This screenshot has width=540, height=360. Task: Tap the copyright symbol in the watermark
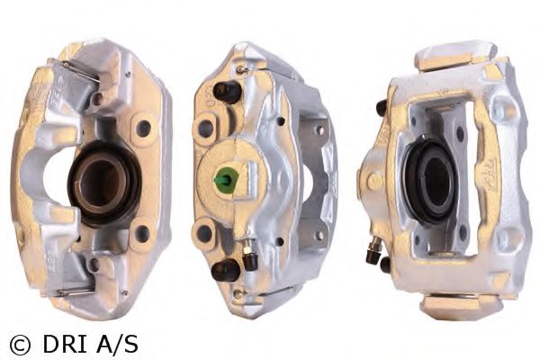click(20, 345)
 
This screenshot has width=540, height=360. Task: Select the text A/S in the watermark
click(118, 344)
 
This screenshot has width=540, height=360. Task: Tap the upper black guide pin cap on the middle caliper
click(227, 92)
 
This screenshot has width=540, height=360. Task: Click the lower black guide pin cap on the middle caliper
click(225, 270)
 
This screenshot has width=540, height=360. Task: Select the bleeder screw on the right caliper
click(373, 251)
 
